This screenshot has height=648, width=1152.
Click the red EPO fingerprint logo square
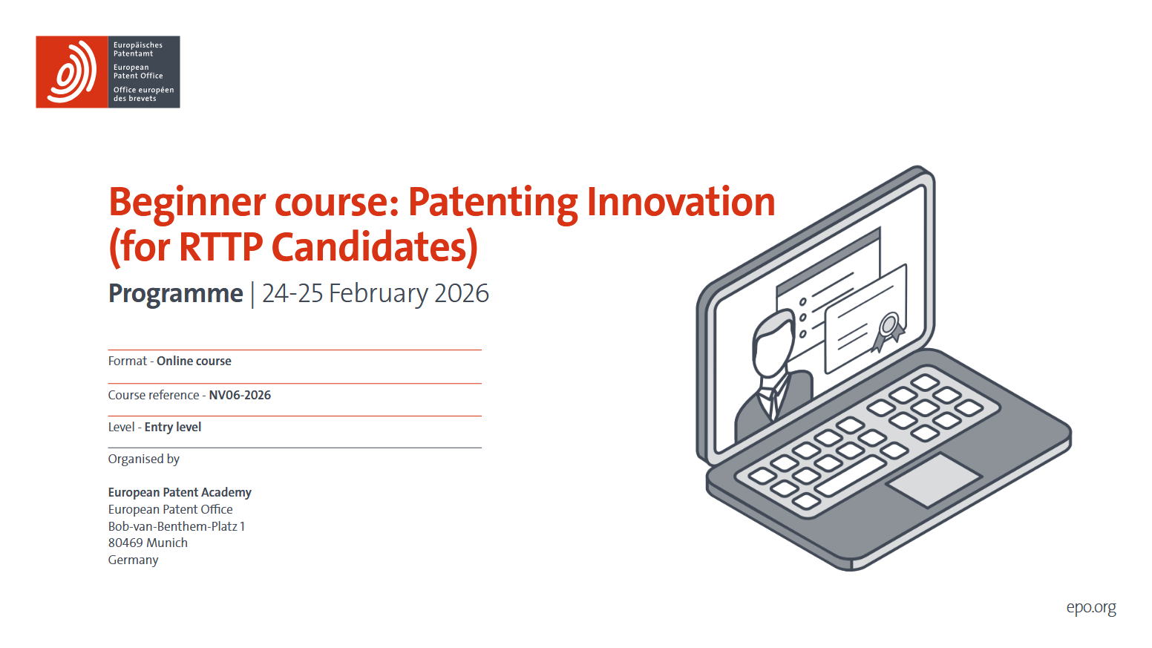pos(72,72)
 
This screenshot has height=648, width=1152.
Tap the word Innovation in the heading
pos(681,202)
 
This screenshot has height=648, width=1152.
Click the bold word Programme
pos(175,295)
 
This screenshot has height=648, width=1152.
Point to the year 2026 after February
pos(461,293)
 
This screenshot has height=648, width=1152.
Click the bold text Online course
pos(194,361)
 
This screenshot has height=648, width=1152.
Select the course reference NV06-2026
pos(240,395)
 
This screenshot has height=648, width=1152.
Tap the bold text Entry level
pos(173,428)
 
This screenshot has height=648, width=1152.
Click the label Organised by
pos(143,459)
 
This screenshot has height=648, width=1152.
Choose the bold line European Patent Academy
pos(180,492)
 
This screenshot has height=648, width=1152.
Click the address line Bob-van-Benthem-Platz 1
pos(177,526)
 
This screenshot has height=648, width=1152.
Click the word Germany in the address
pos(133,560)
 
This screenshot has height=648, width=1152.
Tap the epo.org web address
pos(1091,608)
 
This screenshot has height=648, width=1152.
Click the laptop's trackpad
pos(934,480)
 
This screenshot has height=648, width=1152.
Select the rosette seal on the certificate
pos(888,331)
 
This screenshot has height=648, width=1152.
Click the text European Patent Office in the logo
pos(138,71)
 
